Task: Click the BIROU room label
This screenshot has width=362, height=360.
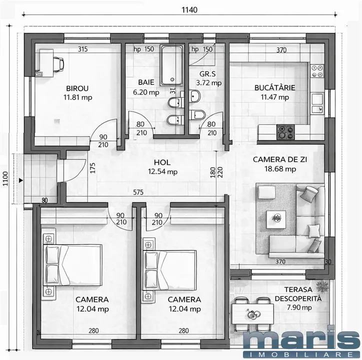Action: click(x=77, y=88)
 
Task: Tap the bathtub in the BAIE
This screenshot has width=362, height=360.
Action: click(x=172, y=65)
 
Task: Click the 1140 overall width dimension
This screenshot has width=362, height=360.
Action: click(x=190, y=10)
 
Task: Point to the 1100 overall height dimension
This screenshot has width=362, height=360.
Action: click(x=5, y=178)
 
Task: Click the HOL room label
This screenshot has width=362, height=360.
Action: click(x=162, y=162)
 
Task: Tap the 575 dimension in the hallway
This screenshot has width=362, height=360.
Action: click(x=138, y=192)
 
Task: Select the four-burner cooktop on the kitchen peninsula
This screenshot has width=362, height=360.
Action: click(x=285, y=132)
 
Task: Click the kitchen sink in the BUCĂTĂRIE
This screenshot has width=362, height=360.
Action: click(x=317, y=102)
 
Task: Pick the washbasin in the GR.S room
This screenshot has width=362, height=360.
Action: click(x=195, y=96)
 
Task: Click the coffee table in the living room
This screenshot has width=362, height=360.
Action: click(x=276, y=218)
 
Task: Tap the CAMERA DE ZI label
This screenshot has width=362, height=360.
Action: click(x=280, y=159)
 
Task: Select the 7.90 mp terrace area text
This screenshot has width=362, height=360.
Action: click(x=299, y=307)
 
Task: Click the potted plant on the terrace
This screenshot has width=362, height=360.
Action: click(x=322, y=287)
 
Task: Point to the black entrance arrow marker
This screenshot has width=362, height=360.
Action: click(x=21, y=180)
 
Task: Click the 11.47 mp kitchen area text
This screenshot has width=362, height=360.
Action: click(x=274, y=97)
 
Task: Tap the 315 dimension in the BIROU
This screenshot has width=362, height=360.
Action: click(x=82, y=49)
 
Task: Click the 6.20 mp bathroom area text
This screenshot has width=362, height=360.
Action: click(x=146, y=92)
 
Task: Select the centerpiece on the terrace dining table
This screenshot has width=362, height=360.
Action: click(x=253, y=314)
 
